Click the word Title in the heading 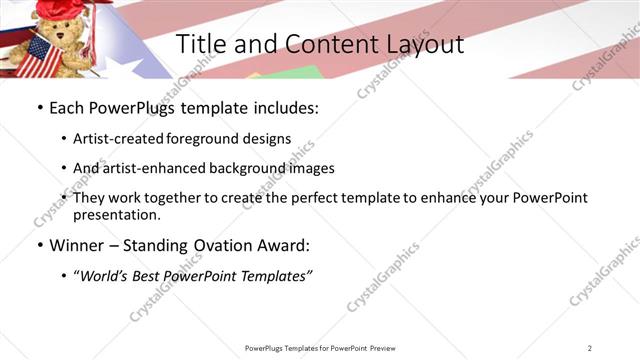coord(201,45)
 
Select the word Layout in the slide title coord(421,45)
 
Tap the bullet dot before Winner coord(39,245)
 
